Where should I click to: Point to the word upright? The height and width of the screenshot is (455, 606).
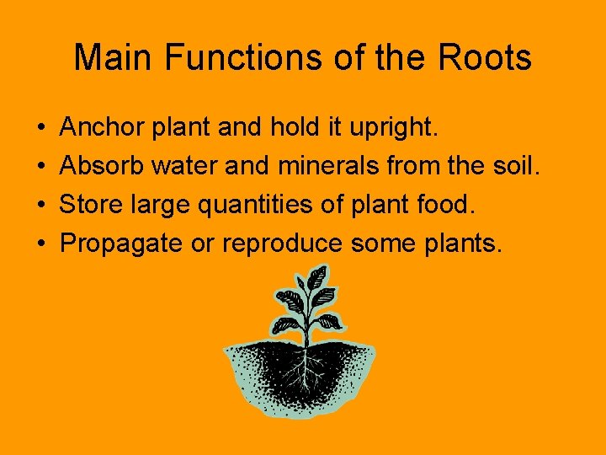coord(393,129)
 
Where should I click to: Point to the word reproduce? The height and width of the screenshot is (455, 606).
coord(282,244)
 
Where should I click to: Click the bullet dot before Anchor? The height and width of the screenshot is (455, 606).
coord(41,129)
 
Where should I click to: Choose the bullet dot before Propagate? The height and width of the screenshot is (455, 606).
coord(41,244)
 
